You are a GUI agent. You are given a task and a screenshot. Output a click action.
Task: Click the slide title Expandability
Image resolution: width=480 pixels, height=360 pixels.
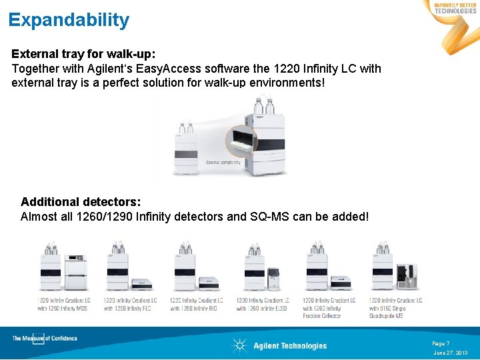point(69,20)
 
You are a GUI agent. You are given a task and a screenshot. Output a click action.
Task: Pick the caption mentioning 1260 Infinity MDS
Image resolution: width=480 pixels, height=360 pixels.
point(64,304)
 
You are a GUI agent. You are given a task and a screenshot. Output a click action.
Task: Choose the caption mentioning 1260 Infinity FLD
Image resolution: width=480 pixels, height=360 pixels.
point(129,304)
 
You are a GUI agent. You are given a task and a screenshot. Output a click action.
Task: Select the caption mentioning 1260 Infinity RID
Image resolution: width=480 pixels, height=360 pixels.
point(196,304)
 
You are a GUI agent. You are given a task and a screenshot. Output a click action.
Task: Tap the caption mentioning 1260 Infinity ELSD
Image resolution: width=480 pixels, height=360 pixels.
point(263,304)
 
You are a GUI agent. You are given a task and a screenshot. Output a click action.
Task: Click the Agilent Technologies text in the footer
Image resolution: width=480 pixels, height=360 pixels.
point(290,345)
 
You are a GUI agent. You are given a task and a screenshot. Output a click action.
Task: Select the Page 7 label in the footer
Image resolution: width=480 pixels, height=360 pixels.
point(441,343)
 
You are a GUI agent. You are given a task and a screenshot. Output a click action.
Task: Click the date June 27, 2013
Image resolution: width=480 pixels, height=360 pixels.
point(451,353)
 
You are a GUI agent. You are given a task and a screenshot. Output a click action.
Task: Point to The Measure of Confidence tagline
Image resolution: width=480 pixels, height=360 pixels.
point(45,339)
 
